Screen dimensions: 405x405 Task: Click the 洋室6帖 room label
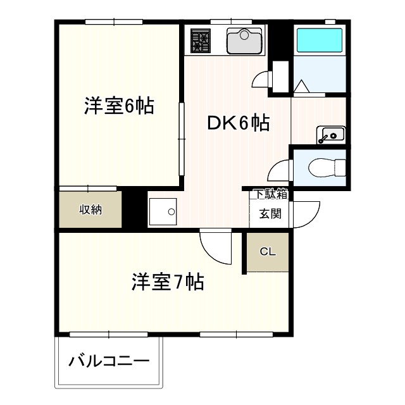119,106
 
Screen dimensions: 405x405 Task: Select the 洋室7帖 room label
168,282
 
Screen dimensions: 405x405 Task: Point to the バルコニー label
109,363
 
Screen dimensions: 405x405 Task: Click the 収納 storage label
90,209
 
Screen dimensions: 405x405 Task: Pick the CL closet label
268,252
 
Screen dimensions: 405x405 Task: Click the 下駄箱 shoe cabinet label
270,194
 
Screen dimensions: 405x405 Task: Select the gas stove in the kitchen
201,40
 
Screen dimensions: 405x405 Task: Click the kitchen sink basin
244,41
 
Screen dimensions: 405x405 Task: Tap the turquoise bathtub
320,40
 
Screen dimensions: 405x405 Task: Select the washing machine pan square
163,212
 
